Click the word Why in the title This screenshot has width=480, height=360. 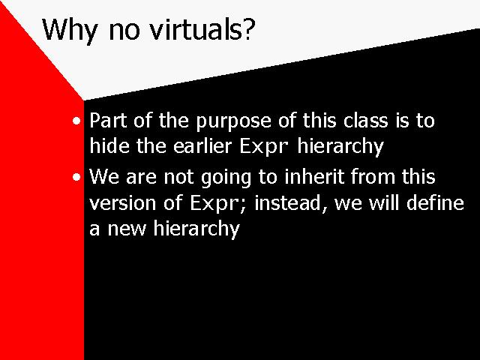click(70, 31)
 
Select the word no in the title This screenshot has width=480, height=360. click(124, 31)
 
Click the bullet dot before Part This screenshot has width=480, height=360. click(76, 121)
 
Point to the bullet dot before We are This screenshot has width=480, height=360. click(76, 177)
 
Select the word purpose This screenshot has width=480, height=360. click(233, 122)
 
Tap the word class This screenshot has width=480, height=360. click(365, 120)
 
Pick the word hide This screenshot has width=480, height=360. click(109, 145)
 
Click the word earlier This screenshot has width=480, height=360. click(202, 145)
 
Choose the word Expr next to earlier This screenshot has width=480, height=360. click(264, 147)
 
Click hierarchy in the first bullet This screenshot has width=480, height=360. click(340, 147)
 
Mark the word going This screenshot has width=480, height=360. click(226, 178)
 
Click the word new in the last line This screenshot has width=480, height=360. click(127, 229)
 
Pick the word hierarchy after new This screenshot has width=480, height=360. click(196, 229)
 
